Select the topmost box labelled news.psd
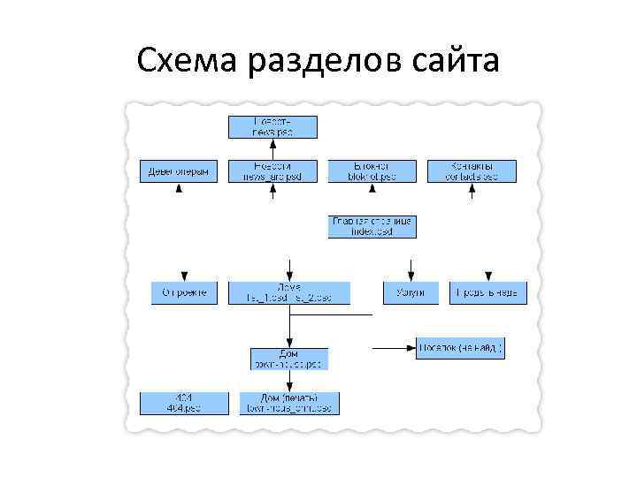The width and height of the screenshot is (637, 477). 272,126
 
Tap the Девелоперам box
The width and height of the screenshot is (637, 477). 179,171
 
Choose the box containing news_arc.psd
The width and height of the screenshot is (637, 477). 272,171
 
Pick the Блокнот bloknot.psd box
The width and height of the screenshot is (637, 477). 372,171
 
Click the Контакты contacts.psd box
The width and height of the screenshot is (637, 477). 472,171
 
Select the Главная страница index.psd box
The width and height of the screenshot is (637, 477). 372,226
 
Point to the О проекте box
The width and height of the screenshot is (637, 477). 184,292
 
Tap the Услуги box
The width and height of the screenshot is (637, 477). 411,292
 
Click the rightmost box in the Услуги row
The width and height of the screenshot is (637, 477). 490,292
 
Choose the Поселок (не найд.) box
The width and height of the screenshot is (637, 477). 460,348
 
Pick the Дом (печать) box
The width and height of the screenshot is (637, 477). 289,403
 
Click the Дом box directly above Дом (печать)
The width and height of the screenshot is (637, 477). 289,358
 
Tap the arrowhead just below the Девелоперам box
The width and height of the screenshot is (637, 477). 179,189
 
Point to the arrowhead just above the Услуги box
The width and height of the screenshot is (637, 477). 411,276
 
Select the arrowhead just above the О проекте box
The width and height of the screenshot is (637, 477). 184,276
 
